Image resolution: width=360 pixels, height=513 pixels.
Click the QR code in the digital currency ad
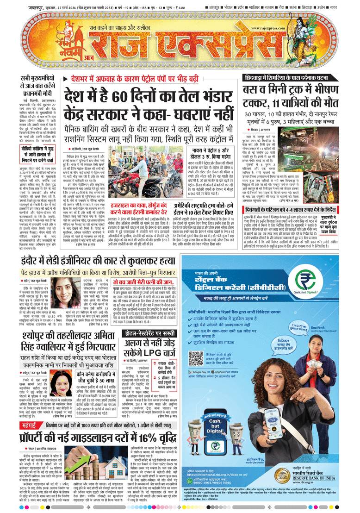coord(196,345)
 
